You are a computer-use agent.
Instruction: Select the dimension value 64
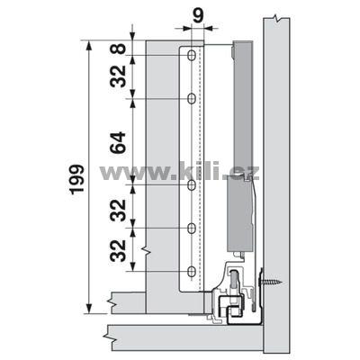(x=118, y=142)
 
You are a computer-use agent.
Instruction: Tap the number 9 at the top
(x=198, y=15)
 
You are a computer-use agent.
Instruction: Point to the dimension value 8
(x=120, y=49)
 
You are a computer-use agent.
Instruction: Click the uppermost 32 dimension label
(x=118, y=76)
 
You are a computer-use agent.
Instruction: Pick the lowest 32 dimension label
(x=118, y=250)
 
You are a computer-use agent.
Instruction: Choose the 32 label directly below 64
(x=118, y=211)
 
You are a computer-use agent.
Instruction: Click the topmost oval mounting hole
(x=191, y=55)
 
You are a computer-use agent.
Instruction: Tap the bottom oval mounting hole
(x=191, y=271)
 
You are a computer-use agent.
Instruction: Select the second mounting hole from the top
(x=191, y=98)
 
